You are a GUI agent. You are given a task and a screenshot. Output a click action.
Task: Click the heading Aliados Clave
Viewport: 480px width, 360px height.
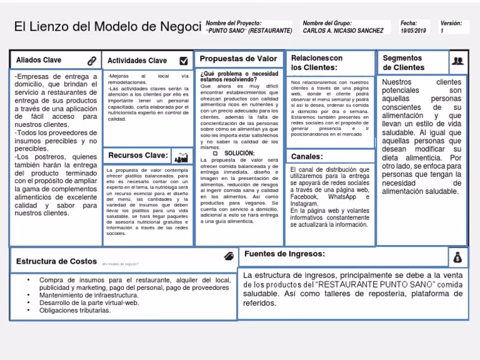[39, 60]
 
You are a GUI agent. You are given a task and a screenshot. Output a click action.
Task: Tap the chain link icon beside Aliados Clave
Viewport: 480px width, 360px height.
[92, 61]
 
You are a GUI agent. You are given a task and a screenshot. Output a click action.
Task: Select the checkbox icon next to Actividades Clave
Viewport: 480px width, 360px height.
[183, 61]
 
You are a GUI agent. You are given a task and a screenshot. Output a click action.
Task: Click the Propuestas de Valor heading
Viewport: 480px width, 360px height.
[237, 59]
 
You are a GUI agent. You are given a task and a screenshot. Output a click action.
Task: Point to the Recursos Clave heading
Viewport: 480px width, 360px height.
[137, 155]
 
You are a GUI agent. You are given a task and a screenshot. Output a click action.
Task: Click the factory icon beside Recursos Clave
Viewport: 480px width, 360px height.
[181, 157]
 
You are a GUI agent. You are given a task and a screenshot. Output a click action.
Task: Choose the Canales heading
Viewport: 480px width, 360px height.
[306, 156]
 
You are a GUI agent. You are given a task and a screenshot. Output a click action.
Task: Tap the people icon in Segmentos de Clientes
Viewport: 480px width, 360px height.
[457, 61]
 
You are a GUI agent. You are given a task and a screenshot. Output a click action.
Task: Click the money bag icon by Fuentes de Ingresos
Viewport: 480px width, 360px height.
[457, 257]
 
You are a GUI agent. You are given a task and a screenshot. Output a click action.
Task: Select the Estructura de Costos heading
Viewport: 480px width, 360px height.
[56, 261]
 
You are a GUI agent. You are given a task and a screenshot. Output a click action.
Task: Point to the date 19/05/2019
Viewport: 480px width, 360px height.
[412, 31]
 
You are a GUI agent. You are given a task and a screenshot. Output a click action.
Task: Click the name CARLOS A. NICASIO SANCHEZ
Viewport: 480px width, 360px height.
[343, 31]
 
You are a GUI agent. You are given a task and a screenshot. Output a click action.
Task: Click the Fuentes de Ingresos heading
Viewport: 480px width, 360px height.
[284, 254]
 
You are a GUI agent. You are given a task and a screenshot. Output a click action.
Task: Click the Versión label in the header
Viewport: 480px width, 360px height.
[451, 23]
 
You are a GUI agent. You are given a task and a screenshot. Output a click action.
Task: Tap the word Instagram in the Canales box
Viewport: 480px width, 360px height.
[304, 204]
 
